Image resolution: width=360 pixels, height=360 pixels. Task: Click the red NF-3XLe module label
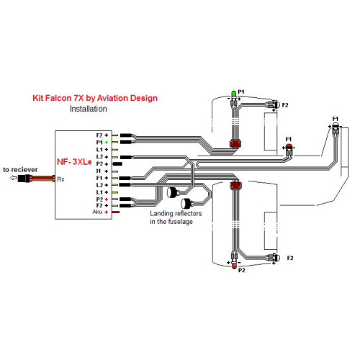(x=74, y=162)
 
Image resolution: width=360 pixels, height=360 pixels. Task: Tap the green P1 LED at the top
(x=233, y=94)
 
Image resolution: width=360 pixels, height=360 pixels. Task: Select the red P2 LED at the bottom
(x=234, y=265)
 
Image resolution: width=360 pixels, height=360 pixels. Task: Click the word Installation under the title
(x=89, y=109)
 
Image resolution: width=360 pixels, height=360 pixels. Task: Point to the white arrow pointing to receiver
(x=14, y=178)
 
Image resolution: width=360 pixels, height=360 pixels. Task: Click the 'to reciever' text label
(x=20, y=169)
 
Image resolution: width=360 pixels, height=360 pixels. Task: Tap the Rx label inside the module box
(x=60, y=179)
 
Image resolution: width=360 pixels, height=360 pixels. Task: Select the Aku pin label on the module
(x=97, y=212)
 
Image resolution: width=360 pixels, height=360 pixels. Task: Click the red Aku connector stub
(x=116, y=212)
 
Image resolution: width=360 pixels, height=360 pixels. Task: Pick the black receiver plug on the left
(x=24, y=179)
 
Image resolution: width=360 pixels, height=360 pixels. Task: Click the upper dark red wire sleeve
(x=235, y=143)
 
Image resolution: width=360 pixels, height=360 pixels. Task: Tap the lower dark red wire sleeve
(x=235, y=185)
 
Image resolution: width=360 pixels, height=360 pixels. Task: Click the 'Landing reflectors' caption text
(x=176, y=213)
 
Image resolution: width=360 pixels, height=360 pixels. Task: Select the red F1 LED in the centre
(x=289, y=146)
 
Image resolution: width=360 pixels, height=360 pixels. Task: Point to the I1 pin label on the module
(x=99, y=171)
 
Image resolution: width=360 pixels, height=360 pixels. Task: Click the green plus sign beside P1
(x=107, y=143)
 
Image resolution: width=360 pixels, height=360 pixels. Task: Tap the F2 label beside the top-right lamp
(x=285, y=105)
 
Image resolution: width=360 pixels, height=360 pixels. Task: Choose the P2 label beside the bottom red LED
(x=241, y=270)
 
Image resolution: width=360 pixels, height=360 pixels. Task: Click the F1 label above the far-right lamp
(x=336, y=119)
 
